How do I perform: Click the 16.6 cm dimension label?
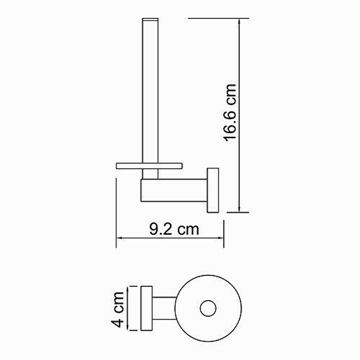tap(230, 113)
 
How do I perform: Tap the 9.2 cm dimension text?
tap(174, 229)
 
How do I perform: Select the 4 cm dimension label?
tap(117, 310)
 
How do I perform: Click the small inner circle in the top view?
tap(208, 308)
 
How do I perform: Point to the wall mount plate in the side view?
tap(213, 190)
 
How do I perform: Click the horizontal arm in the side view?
tap(174, 190)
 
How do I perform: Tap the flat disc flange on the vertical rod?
tap(149, 166)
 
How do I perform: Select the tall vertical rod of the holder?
tap(150, 98)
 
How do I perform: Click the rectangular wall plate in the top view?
tap(147, 308)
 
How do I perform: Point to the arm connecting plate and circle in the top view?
tap(164, 308)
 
